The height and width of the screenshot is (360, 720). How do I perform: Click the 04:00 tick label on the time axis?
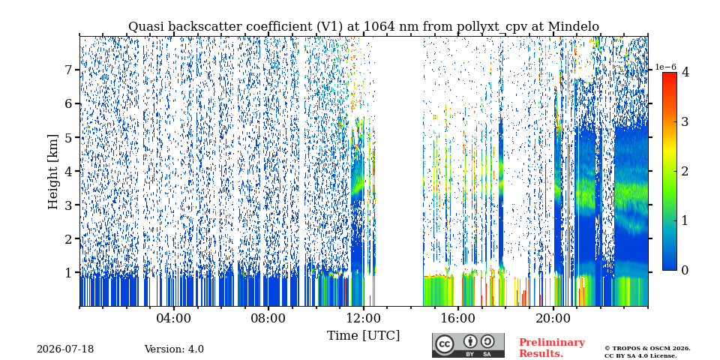(174, 318)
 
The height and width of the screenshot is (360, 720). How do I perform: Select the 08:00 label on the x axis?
(269, 318)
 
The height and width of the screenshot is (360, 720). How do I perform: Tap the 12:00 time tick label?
(364, 318)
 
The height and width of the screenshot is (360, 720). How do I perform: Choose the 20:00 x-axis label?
(553, 318)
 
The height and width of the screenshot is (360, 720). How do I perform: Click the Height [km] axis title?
(54, 172)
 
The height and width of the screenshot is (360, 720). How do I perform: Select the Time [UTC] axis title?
(363, 336)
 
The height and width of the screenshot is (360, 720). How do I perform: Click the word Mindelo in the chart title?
(573, 27)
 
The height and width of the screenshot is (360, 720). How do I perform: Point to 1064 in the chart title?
(378, 27)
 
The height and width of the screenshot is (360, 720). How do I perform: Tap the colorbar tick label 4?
(685, 72)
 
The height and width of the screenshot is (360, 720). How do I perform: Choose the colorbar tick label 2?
(685, 171)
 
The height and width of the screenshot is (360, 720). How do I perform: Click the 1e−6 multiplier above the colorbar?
(666, 67)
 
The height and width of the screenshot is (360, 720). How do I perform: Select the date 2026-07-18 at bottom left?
(65, 349)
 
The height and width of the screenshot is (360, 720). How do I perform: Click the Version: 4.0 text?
(174, 349)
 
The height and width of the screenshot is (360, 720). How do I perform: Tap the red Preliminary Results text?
(552, 348)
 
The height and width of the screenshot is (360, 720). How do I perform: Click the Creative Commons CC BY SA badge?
(468, 345)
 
